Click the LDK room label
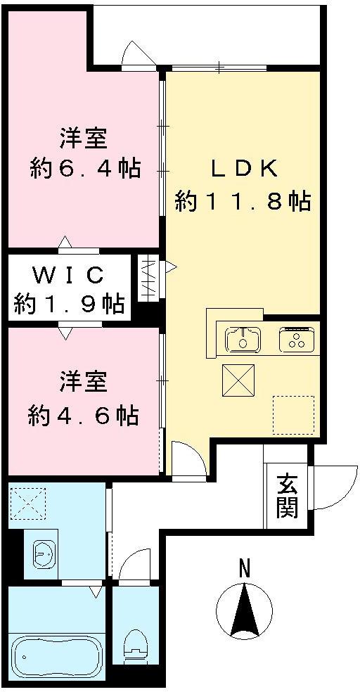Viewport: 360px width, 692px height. click(x=246, y=169)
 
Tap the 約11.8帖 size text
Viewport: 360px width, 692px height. click(x=243, y=203)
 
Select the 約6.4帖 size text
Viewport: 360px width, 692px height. click(x=84, y=169)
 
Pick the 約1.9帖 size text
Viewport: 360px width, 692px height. click(x=70, y=305)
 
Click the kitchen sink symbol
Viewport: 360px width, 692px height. click(x=243, y=339)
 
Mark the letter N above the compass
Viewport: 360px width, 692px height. click(x=244, y=568)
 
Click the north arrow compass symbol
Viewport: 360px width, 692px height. click(x=244, y=610)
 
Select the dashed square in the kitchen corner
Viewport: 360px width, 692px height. click(x=293, y=415)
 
